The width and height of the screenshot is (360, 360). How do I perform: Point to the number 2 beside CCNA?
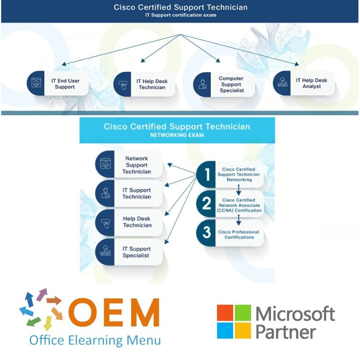tap(207, 204)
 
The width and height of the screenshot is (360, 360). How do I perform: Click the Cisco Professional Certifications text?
tap(238, 234)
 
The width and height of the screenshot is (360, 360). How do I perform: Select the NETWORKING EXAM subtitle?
tap(177, 135)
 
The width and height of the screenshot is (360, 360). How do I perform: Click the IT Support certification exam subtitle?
tap(180, 15)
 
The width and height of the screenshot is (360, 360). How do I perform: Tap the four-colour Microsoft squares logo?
tap(234, 322)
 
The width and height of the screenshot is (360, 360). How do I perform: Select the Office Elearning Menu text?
tap(95, 340)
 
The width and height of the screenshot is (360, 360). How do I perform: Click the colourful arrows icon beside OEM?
tap(41, 309)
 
